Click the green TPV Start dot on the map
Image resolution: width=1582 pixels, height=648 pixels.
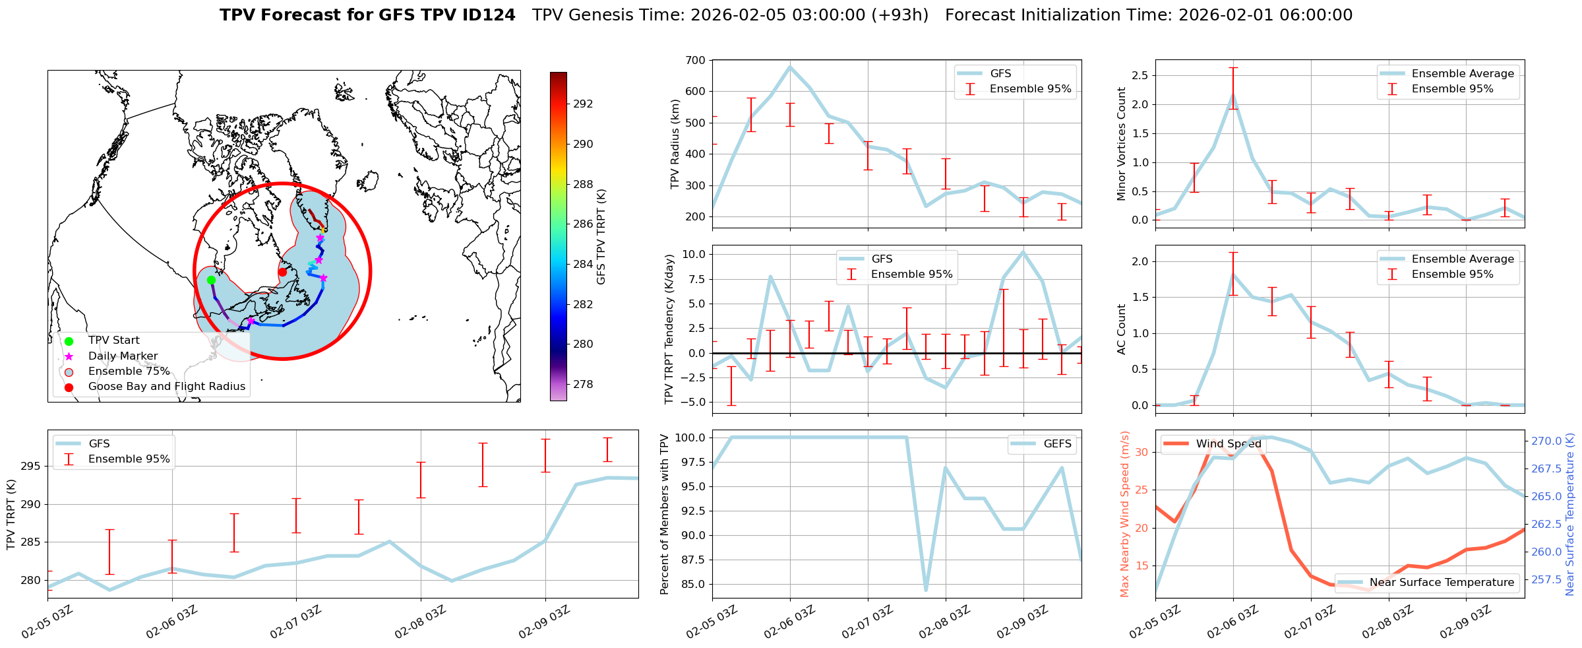[211, 280]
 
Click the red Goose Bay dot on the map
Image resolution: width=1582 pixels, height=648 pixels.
[282, 272]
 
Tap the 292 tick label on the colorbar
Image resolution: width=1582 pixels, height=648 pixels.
[583, 104]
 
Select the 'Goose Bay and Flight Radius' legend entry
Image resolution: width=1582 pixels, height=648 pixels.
[166, 387]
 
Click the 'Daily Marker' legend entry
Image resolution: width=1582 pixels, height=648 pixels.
[123, 356]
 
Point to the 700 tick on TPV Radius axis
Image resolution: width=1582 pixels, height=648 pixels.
[696, 60]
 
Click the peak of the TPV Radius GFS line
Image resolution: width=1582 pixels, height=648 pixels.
[790, 66]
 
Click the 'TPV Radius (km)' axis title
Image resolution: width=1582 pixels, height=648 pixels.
[675, 144]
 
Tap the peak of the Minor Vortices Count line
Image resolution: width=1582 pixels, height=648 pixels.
[1233, 94]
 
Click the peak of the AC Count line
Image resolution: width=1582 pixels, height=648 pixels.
[1233, 274]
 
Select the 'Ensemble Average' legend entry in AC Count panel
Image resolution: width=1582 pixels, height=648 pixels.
[1462, 259]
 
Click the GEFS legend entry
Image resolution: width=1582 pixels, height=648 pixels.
[1057, 444]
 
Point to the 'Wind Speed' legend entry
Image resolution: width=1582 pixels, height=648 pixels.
[1228, 444]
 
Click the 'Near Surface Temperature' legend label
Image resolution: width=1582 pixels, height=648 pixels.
[1442, 583]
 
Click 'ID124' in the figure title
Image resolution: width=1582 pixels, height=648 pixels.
[489, 15]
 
